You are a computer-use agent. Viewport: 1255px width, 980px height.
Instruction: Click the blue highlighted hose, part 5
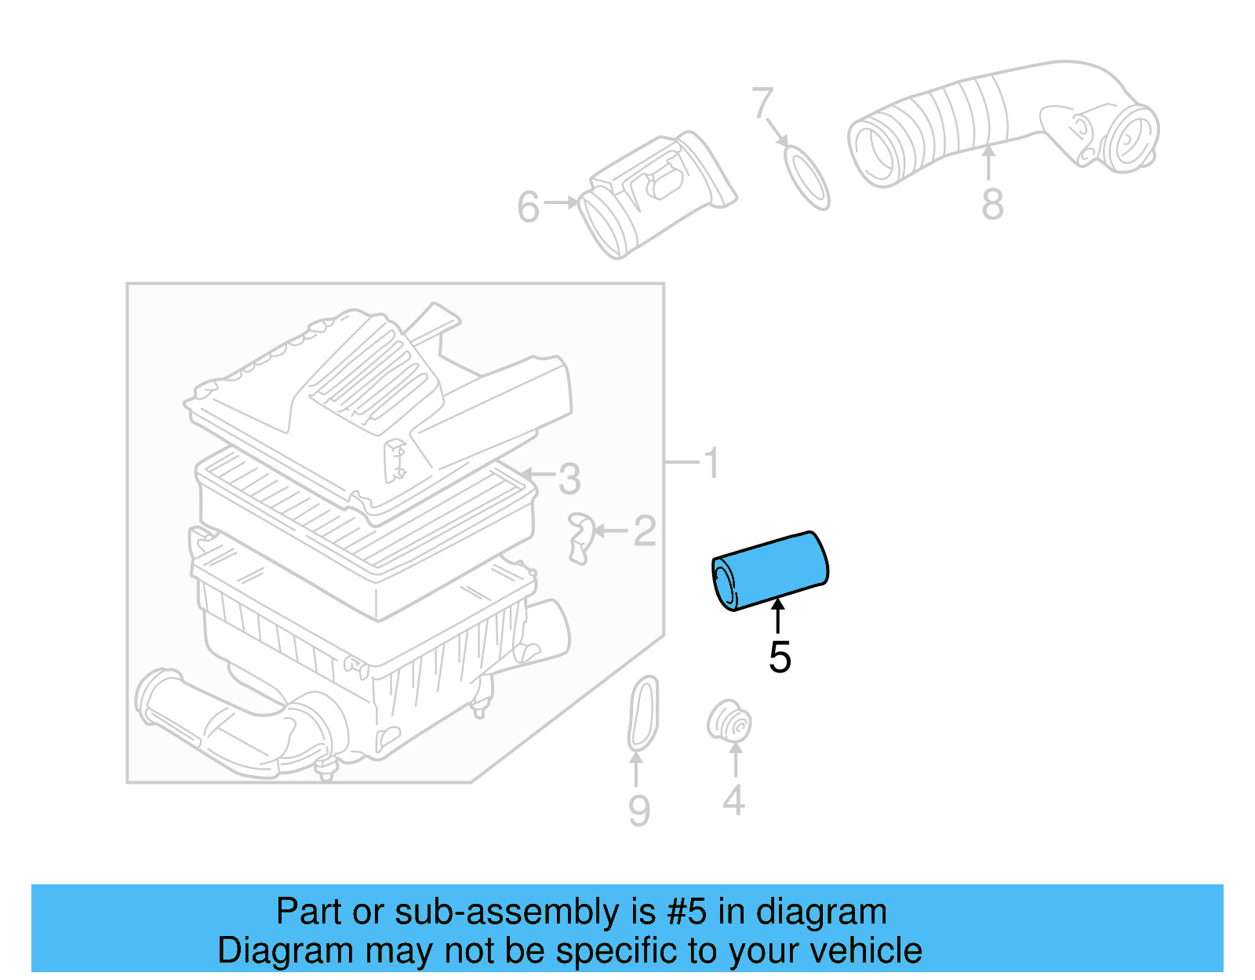[x=770, y=570]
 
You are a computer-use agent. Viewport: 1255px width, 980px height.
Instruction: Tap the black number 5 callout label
[x=780, y=657]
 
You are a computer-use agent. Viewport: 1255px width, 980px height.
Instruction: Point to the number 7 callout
[x=762, y=103]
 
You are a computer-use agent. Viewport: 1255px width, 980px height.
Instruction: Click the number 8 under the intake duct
[x=993, y=203]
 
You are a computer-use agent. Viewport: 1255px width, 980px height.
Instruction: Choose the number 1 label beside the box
[x=712, y=462]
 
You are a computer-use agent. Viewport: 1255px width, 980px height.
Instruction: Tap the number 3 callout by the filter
[x=569, y=479]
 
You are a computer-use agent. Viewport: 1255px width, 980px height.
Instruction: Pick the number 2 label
[x=645, y=530]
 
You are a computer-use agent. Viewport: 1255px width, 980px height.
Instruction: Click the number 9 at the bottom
[x=639, y=811]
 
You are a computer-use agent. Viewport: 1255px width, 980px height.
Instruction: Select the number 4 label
[x=734, y=800]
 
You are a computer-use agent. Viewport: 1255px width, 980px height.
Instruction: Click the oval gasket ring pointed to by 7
[x=807, y=178]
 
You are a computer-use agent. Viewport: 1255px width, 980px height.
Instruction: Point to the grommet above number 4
[x=729, y=721]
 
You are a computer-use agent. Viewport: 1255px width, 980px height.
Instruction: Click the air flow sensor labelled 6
[x=657, y=195]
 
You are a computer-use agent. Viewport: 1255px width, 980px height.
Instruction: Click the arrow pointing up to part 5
[x=779, y=616]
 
